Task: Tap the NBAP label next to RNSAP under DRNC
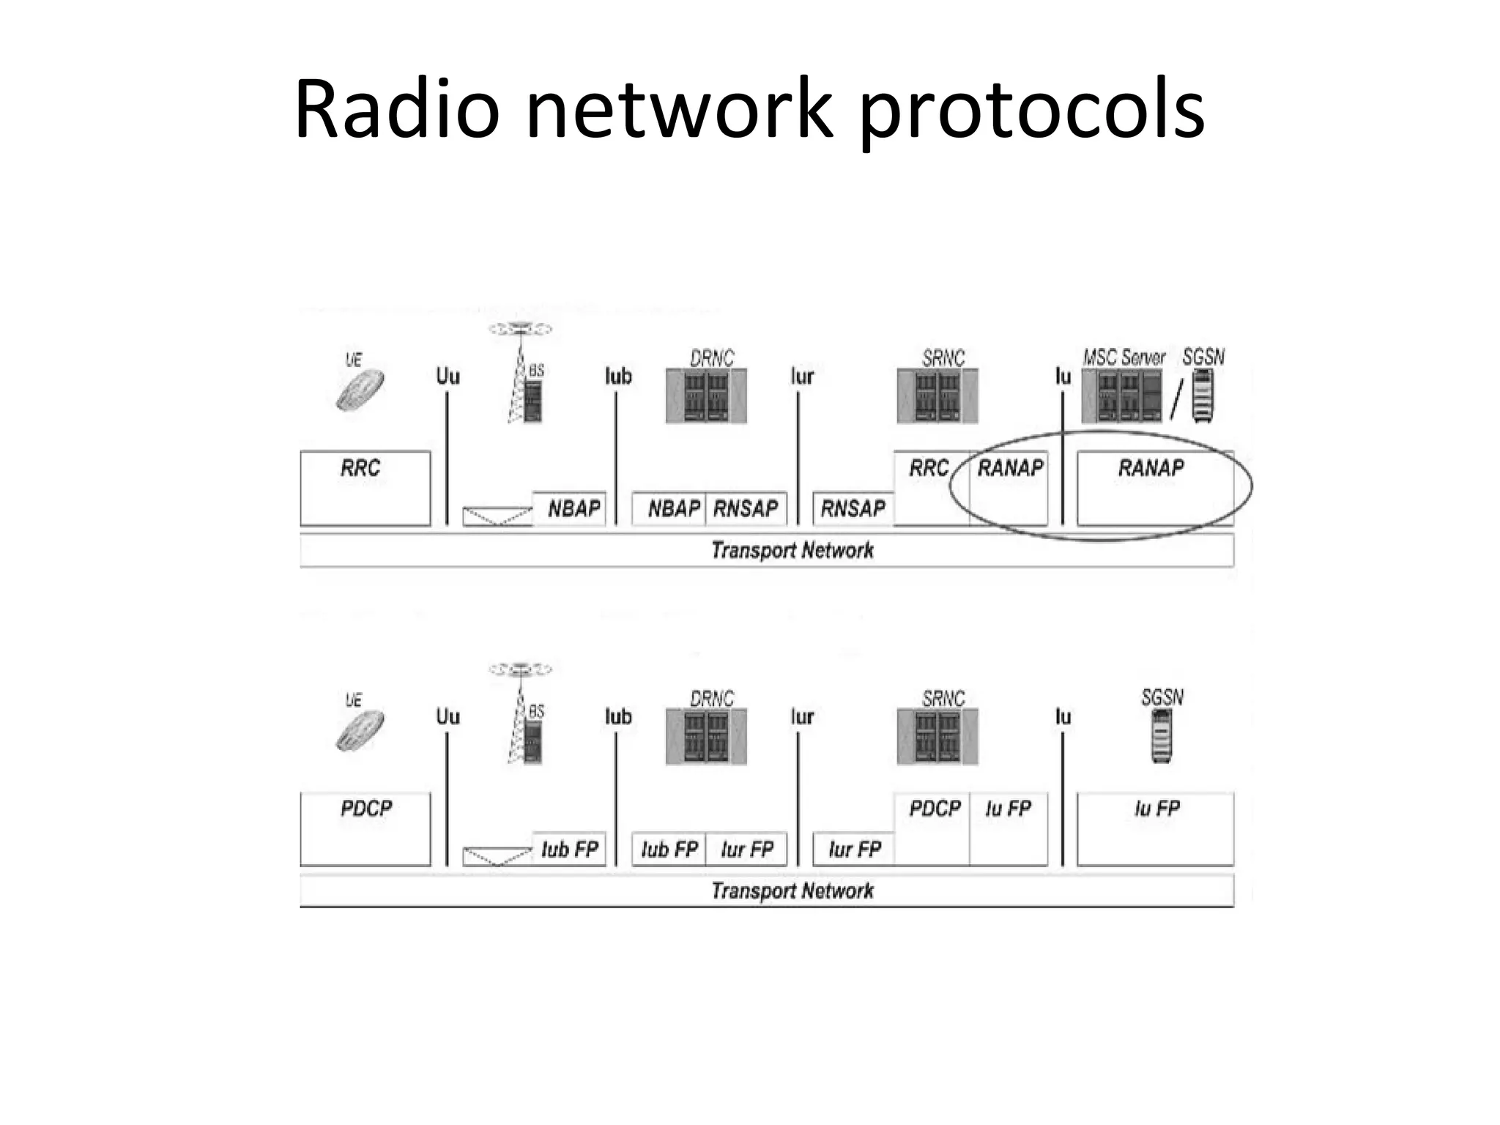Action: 673,508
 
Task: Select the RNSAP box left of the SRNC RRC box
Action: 853,508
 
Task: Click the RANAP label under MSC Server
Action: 1151,468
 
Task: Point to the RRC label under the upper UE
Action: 360,468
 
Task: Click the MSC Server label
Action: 1124,357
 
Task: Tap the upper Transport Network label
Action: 792,550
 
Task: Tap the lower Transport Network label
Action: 792,891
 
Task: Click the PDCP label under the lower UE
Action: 366,809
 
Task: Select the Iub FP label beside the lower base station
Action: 570,850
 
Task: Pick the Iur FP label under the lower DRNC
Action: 747,850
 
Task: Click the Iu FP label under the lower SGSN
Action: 1156,809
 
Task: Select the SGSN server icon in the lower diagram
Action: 1162,736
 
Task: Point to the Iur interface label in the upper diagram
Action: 802,376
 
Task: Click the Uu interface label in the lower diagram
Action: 448,716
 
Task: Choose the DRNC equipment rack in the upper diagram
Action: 706,396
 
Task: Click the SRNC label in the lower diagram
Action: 943,699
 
